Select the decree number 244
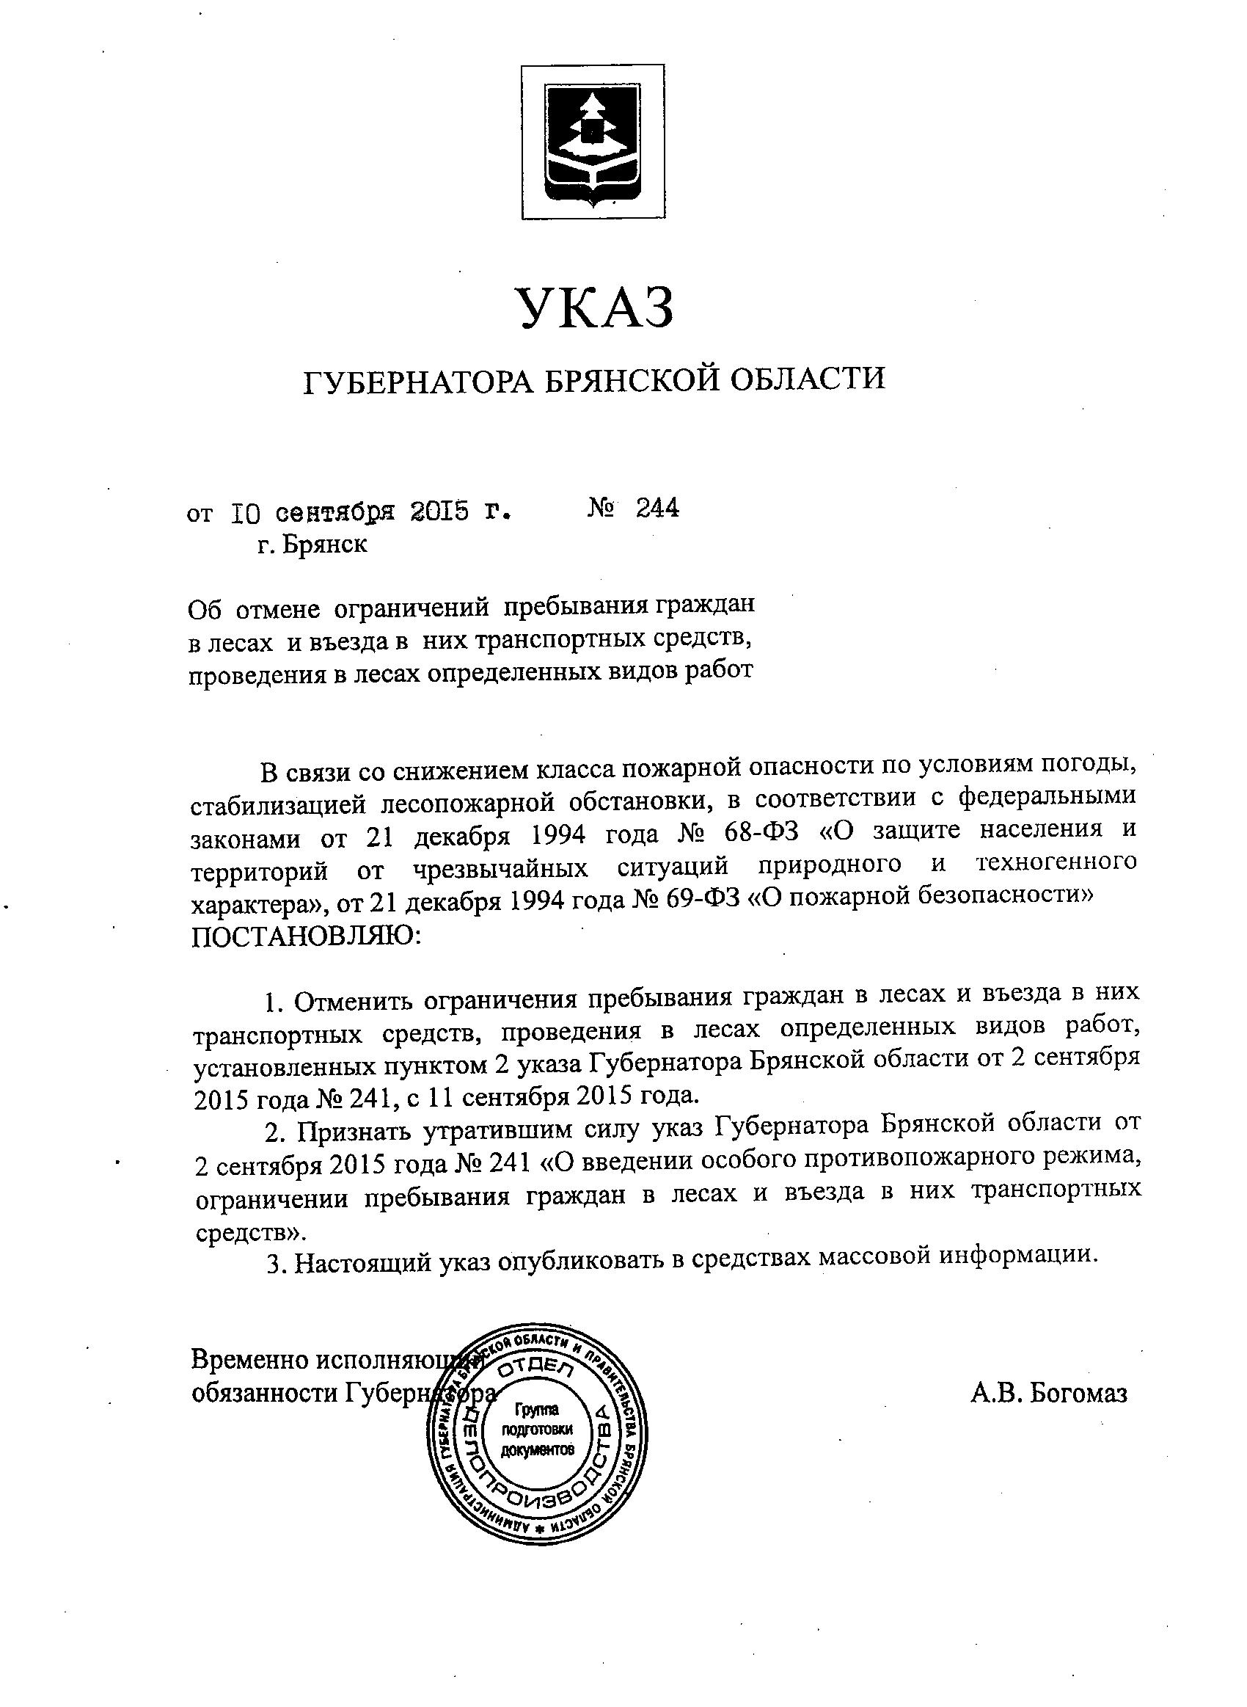click(657, 509)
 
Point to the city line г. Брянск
click(312, 545)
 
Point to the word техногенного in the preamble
click(1056, 862)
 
